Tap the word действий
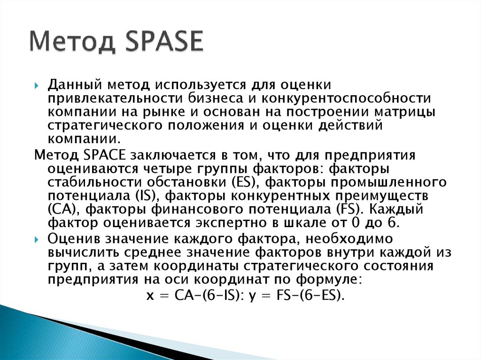350,125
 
